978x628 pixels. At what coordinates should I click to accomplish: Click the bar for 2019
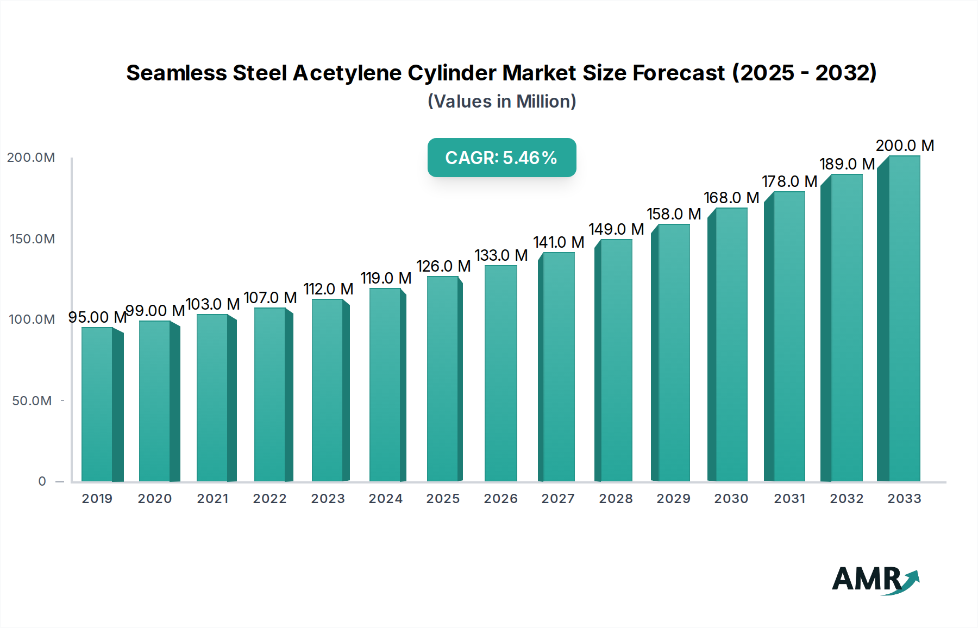(x=98, y=405)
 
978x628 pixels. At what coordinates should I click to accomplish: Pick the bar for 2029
(x=673, y=353)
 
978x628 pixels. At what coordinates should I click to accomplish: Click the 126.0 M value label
(x=443, y=266)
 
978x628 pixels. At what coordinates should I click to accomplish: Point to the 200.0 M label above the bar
(x=905, y=146)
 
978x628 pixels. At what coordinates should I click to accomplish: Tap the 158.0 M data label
(x=674, y=214)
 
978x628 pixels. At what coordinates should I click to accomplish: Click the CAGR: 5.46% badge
(x=501, y=158)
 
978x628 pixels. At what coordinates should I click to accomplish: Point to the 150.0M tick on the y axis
(x=32, y=239)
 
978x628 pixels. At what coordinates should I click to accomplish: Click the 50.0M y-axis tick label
(x=32, y=401)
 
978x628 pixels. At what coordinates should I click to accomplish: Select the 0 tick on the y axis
(x=42, y=481)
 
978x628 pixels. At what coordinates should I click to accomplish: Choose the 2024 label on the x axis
(x=385, y=499)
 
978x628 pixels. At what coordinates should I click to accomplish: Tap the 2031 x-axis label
(x=789, y=499)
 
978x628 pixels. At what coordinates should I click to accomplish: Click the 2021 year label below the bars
(x=212, y=499)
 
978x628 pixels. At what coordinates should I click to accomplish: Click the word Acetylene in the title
(x=347, y=73)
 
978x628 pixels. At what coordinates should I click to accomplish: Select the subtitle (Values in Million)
(x=501, y=102)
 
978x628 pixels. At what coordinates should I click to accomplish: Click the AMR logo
(x=875, y=580)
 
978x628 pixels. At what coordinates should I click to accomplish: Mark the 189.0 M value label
(x=847, y=164)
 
